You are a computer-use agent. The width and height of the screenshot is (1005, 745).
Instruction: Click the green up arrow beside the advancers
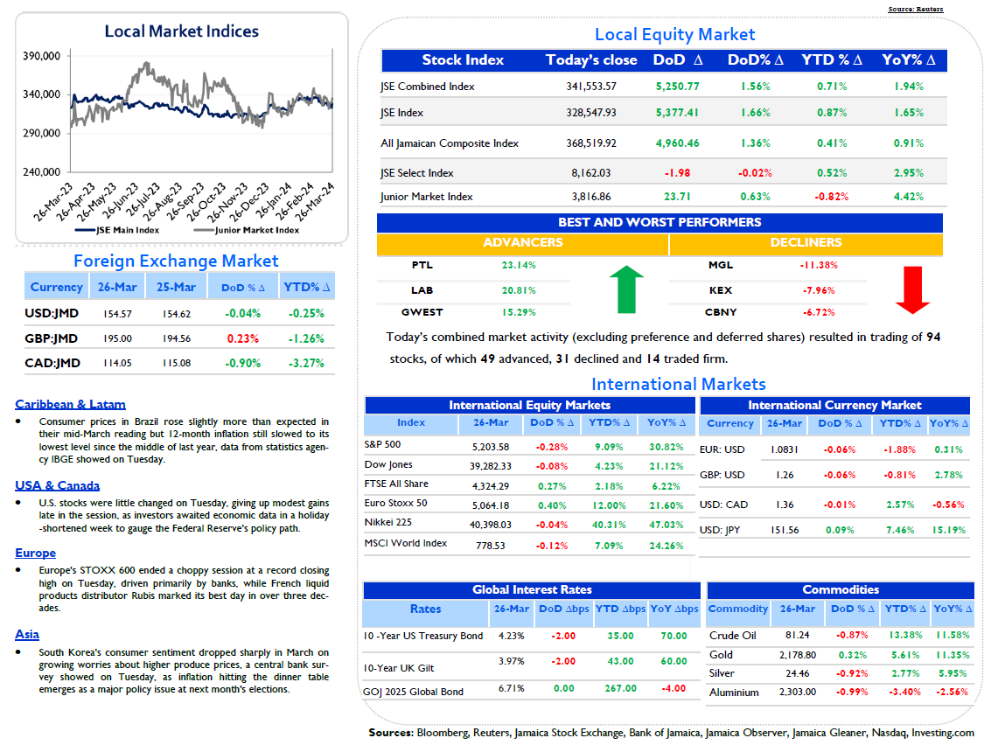626,289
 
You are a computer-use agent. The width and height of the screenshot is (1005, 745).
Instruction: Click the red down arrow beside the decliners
912,289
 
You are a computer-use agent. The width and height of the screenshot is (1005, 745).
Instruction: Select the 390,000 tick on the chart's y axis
42,56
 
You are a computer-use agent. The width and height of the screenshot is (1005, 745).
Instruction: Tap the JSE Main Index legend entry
117,230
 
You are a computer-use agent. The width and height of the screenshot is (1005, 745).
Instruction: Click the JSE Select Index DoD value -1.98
678,173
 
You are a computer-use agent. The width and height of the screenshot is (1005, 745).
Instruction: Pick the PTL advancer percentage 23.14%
519,265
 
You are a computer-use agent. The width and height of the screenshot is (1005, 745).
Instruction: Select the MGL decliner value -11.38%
819,265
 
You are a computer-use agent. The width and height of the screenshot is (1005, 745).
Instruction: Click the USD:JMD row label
52,313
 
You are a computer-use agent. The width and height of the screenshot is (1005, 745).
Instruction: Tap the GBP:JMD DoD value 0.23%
243,338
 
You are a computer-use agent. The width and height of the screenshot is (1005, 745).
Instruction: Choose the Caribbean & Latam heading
71,404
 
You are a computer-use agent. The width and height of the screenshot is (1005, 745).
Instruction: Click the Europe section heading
35,553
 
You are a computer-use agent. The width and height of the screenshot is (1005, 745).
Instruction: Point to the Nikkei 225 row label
387,522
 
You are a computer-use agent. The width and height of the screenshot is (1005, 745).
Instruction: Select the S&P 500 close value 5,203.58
491,447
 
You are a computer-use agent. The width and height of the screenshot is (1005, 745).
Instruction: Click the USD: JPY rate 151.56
785,530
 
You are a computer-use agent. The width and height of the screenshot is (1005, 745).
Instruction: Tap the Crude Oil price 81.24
798,635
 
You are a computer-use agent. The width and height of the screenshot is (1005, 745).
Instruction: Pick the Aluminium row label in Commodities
734,693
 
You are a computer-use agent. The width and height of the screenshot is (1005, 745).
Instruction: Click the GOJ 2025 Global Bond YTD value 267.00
620,688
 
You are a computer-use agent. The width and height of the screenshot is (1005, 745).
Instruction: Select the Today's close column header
591,60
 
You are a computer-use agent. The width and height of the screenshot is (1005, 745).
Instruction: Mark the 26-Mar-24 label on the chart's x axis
315,202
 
